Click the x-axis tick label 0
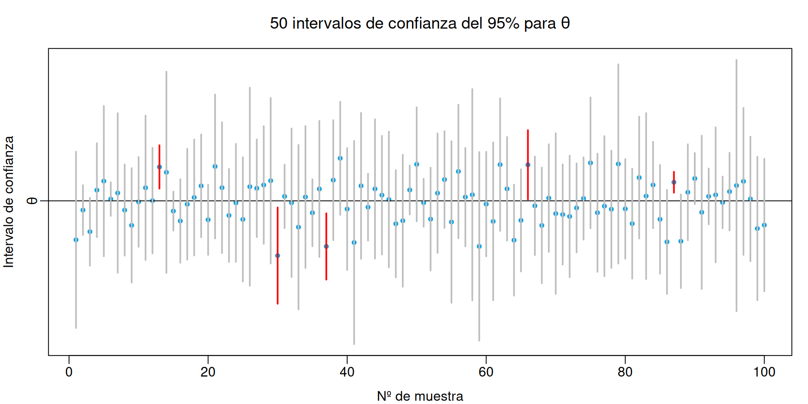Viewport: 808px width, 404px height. [x=69, y=372]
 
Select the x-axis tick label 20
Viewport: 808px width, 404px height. [x=208, y=372]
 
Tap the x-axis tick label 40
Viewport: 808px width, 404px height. [x=347, y=372]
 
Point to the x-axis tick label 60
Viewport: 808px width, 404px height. [x=486, y=372]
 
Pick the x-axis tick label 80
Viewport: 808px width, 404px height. [x=625, y=372]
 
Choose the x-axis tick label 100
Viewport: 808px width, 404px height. [x=764, y=372]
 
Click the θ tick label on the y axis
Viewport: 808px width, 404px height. [x=32, y=201]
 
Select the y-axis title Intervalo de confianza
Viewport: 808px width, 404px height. [x=9, y=202]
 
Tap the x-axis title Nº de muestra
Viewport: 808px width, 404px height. [x=420, y=396]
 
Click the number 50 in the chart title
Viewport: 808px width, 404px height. [x=279, y=23]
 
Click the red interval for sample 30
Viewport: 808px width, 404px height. [x=278, y=278]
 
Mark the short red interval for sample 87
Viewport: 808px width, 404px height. [x=674, y=187]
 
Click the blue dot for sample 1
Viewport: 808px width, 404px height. [x=76, y=240]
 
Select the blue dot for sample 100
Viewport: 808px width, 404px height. [x=764, y=225]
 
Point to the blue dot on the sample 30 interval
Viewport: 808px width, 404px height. [x=278, y=255]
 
